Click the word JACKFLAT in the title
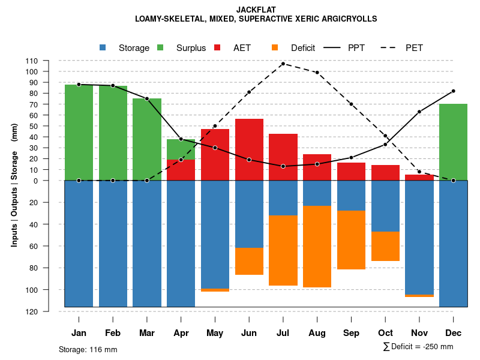256,10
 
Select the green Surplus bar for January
79,132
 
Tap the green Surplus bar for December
453,142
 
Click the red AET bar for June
249,149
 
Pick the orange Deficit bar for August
317,247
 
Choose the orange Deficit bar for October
385,246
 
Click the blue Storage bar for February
113,244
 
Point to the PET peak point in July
283,64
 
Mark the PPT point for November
419,112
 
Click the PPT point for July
283,166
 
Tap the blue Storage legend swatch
103,47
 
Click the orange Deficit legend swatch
275,47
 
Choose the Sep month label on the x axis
351,333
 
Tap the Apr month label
181,333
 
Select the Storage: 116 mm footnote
88,349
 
